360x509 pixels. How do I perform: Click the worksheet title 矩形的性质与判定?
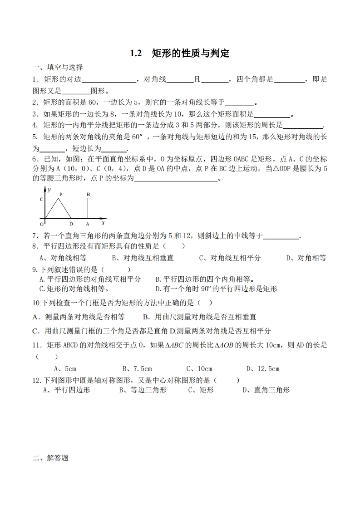191,54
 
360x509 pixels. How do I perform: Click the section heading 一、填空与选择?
57,68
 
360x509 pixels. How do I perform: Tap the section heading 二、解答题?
50,458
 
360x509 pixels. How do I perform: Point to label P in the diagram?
60,194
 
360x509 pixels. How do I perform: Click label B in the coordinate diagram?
88,194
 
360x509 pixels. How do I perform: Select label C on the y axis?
41,199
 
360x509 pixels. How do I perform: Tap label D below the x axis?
71,224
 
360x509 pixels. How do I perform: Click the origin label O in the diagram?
41,224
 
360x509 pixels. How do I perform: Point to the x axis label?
103,223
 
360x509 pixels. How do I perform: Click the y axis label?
49,189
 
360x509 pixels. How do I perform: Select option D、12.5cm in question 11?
262,369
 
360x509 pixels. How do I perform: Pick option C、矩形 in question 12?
201,390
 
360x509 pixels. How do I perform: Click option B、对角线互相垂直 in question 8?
143,258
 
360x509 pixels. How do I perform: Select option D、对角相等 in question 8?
306,258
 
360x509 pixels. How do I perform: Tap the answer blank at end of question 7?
281,236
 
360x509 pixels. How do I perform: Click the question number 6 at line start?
35,159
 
